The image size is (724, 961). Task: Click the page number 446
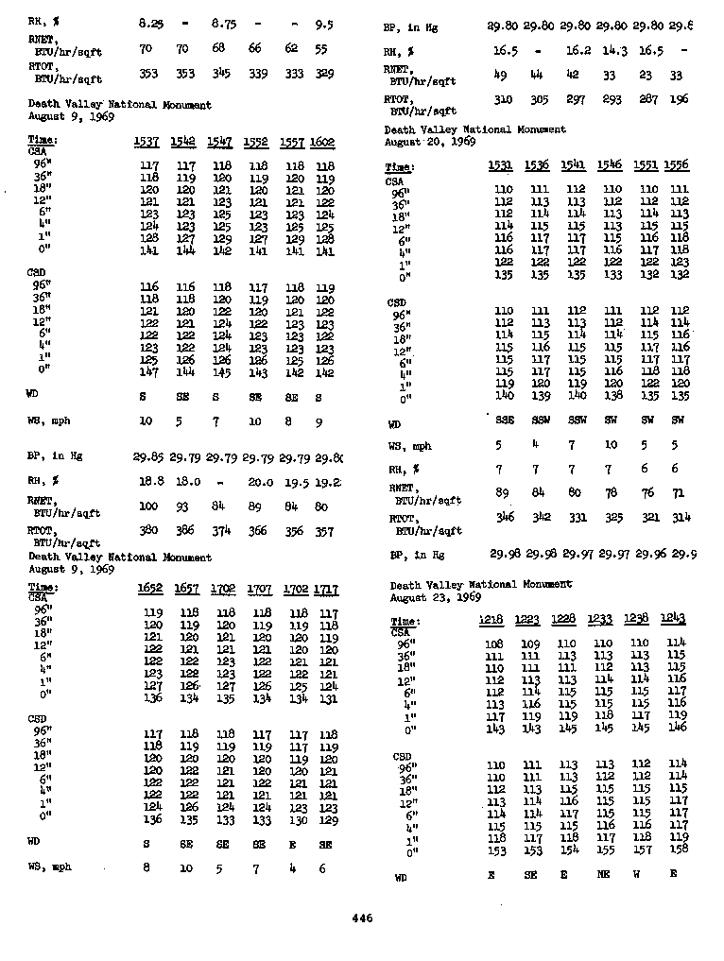[x=362, y=918]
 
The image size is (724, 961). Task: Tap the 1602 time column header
[x=322, y=142]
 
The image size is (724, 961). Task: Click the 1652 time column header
[x=151, y=589]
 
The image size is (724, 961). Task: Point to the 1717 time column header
[x=326, y=589]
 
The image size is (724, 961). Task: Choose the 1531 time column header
[x=502, y=165]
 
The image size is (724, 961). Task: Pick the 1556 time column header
[x=676, y=165]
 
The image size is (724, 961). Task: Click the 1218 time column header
[x=491, y=619]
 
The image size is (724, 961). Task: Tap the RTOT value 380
[x=148, y=531]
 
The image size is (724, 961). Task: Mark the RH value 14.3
[x=614, y=49]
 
